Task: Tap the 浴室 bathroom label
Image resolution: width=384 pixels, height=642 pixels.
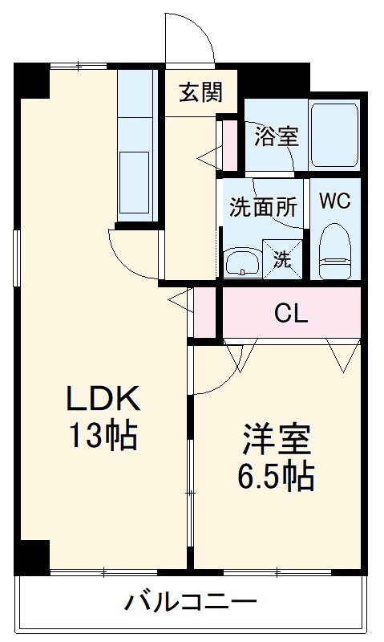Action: [x=277, y=136]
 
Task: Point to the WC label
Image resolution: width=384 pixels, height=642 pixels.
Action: [x=335, y=201]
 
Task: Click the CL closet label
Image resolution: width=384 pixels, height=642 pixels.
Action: [x=291, y=313]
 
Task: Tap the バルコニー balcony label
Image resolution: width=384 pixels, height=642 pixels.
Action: [x=190, y=601]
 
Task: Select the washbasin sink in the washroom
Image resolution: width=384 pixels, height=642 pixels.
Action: [x=242, y=260]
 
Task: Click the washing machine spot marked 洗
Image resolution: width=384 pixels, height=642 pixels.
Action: [x=283, y=258]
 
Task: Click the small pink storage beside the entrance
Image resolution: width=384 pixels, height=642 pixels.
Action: [x=229, y=145]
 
